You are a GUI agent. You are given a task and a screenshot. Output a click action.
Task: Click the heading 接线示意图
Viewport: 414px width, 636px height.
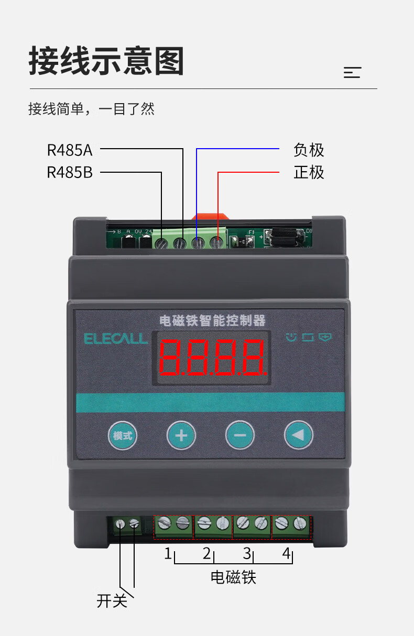[x=106, y=62]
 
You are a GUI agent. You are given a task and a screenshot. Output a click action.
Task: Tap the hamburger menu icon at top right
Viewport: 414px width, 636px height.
[x=352, y=73]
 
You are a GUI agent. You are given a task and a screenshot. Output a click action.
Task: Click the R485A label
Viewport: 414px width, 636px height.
[x=70, y=150]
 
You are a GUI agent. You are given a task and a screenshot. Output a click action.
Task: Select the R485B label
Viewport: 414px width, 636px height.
[x=70, y=172]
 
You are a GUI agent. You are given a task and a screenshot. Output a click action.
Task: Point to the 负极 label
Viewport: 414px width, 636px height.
[x=309, y=150]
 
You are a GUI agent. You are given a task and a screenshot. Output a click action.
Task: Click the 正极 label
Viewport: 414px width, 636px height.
[x=309, y=172]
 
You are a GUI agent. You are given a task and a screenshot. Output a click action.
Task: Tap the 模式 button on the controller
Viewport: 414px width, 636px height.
[x=123, y=435]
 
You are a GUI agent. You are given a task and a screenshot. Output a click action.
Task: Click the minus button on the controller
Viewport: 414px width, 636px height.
[x=239, y=435]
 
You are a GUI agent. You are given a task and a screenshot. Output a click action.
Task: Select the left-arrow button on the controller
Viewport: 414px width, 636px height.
[x=298, y=435]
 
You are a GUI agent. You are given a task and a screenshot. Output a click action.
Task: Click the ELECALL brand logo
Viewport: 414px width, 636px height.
[x=116, y=339]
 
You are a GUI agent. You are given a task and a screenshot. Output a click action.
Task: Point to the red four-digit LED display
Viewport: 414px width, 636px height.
[x=212, y=359]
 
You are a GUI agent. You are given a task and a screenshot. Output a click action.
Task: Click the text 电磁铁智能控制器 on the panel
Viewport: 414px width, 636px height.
[x=212, y=320]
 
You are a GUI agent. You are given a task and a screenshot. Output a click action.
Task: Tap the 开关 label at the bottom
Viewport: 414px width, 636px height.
[x=112, y=601]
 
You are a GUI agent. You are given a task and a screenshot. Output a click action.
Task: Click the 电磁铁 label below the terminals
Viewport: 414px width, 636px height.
[x=233, y=577]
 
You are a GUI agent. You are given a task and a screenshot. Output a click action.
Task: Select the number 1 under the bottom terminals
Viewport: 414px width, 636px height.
[x=168, y=553]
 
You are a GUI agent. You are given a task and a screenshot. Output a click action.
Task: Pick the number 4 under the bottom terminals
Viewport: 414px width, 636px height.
[x=286, y=553]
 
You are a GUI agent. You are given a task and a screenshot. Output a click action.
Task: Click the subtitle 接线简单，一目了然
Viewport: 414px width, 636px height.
[x=91, y=109]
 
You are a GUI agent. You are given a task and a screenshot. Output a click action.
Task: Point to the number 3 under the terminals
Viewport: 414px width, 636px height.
[x=247, y=553]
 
